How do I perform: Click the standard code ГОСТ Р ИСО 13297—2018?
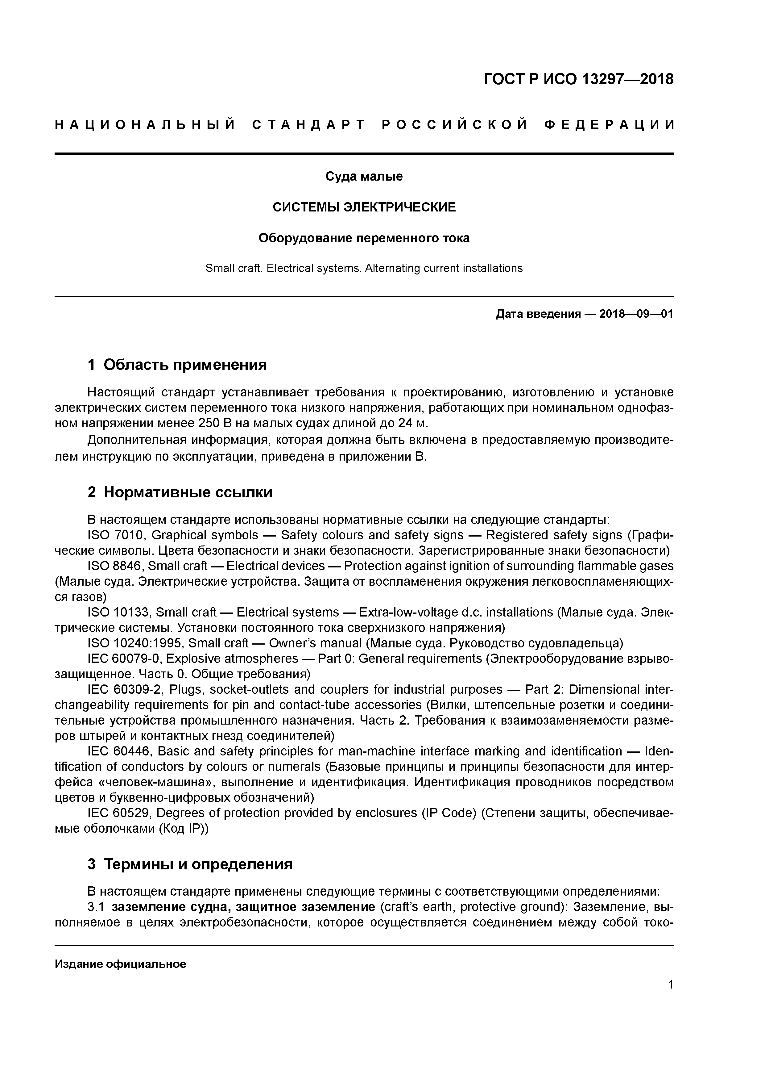578,79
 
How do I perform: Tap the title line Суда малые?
364,176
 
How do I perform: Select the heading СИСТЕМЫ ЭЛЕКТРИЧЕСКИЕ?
364,207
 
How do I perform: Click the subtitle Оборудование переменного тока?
364,238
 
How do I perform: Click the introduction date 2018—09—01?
636,314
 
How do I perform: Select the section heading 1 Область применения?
177,365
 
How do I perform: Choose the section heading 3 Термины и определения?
190,864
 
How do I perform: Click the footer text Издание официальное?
121,964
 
